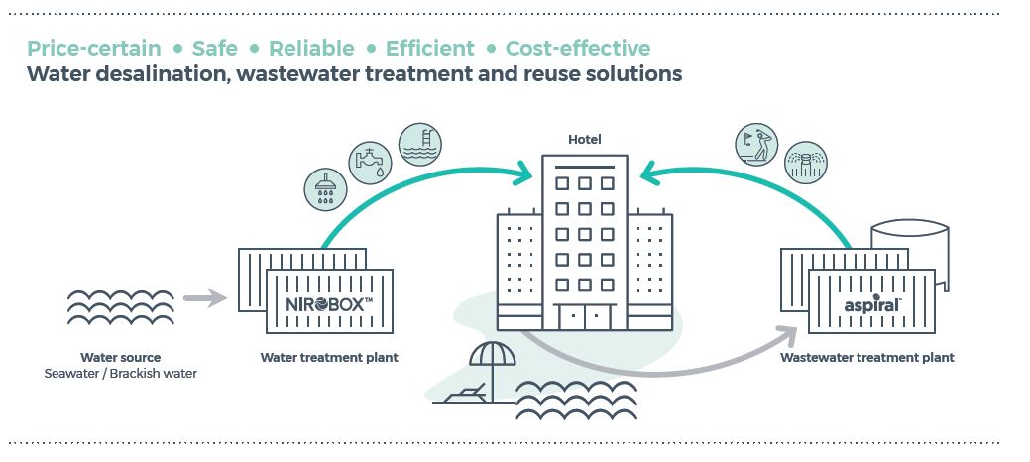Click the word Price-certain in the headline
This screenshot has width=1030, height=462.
(93, 48)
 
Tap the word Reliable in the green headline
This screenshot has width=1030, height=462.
(311, 48)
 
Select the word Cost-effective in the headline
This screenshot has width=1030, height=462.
(578, 48)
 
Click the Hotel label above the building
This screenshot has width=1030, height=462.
(584, 140)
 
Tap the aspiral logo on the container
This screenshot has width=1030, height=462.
(872, 305)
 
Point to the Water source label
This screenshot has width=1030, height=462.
(120, 358)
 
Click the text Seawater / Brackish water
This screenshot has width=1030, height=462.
(120, 374)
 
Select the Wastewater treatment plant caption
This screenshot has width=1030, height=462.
(867, 358)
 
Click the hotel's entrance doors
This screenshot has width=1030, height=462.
(584, 318)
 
